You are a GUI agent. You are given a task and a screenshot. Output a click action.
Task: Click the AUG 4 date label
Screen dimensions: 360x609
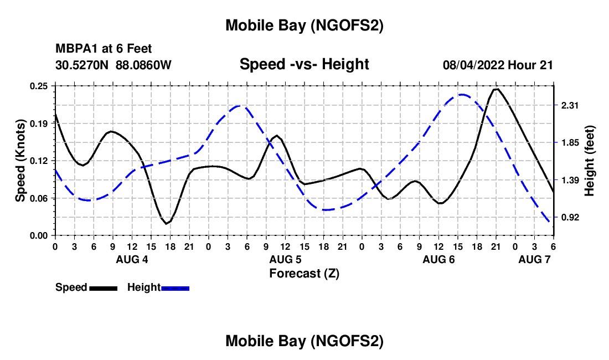point(131,259)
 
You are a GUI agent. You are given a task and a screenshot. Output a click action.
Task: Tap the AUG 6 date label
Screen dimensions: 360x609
point(438,259)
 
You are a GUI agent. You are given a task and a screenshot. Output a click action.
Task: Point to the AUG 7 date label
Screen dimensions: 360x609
point(534,259)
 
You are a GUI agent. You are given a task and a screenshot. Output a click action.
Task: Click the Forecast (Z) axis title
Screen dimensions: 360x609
point(304,273)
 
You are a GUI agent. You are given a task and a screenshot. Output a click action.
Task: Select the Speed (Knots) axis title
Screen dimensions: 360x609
point(20,161)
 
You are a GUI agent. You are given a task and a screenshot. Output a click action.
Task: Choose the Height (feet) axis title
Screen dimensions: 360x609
point(589,161)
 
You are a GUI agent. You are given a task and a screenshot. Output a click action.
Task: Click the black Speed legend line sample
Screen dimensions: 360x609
point(103,288)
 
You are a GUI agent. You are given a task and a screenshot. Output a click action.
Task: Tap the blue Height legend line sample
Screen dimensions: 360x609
point(176,288)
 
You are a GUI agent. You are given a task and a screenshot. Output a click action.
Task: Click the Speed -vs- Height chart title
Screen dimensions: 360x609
point(304,64)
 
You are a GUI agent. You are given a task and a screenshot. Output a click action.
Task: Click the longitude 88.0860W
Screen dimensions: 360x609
point(144,65)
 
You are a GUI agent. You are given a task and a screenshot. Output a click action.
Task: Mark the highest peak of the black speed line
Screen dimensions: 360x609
point(497,89)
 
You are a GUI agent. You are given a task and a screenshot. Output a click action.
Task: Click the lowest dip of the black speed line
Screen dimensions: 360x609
point(166,224)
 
